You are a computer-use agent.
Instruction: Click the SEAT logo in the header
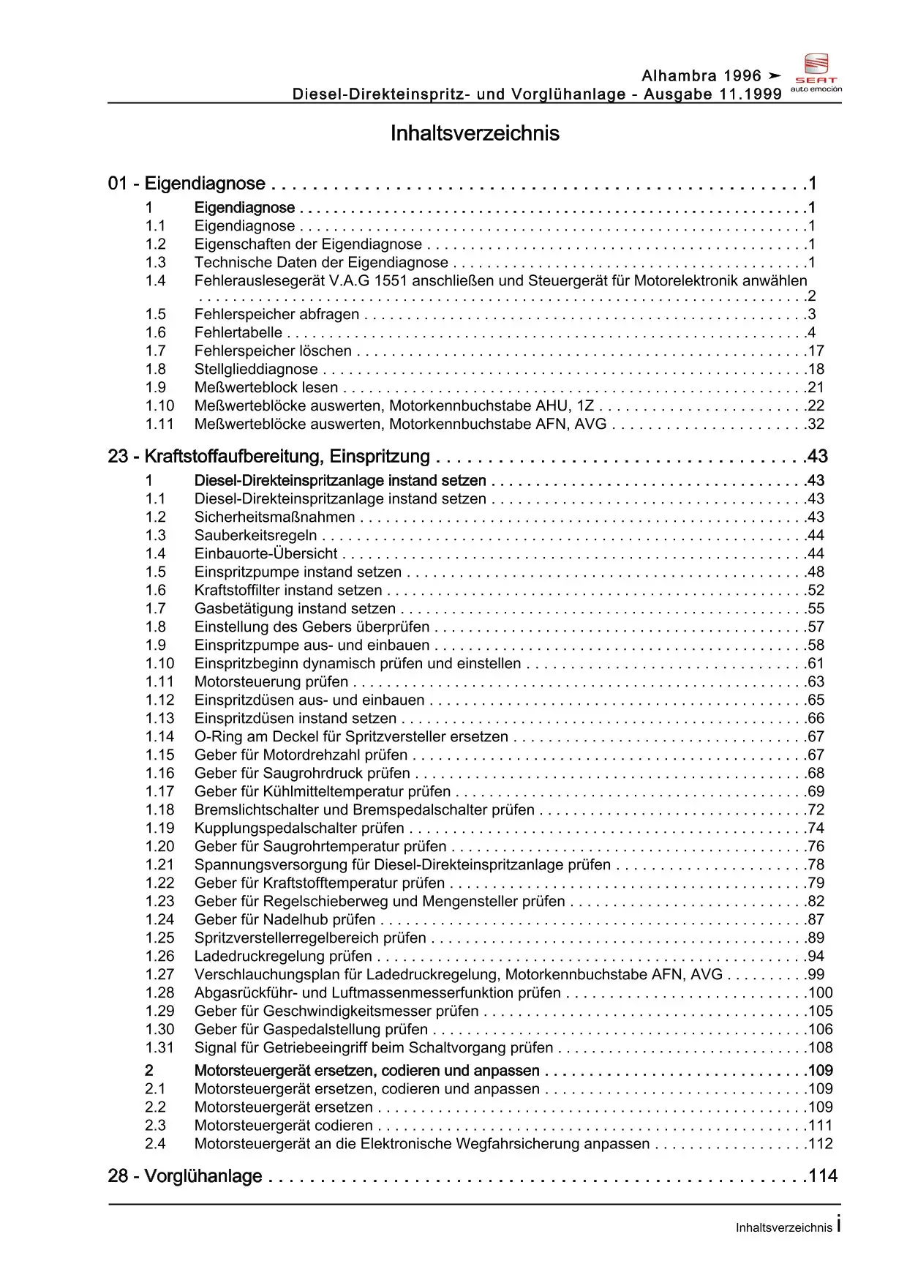click(816, 72)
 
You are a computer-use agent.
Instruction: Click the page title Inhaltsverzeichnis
click(475, 133)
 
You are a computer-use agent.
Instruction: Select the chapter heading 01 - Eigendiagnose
click(187, 184)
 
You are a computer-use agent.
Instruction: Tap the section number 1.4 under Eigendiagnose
click(155, 281)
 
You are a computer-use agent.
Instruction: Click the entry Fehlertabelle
click(238, 333)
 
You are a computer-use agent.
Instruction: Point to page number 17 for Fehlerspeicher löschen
click(816, 351)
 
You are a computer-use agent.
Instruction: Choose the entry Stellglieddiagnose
click(256, 370)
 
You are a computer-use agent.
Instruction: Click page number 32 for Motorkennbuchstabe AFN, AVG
click(816, 424)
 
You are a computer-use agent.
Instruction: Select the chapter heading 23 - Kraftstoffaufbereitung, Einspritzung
click(268, 457)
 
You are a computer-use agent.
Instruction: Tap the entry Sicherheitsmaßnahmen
click(274, 517)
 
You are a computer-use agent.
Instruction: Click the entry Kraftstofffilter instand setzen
click(288, 591)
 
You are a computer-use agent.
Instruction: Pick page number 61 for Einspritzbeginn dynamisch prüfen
click(816, 664)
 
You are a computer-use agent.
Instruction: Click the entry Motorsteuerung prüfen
click(271, 682)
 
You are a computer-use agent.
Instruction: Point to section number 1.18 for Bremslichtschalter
click(159, 810)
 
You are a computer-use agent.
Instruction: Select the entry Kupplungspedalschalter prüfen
click(299, 828)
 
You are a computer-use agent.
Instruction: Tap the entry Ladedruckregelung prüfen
click(283, 957)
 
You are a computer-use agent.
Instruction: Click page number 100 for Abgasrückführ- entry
click(820, 993)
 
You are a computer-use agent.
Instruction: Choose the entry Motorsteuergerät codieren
click(283, 1126)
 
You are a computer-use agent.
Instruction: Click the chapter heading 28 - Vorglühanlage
click(184, 1176)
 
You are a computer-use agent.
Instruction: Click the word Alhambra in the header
click(679, 76)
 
